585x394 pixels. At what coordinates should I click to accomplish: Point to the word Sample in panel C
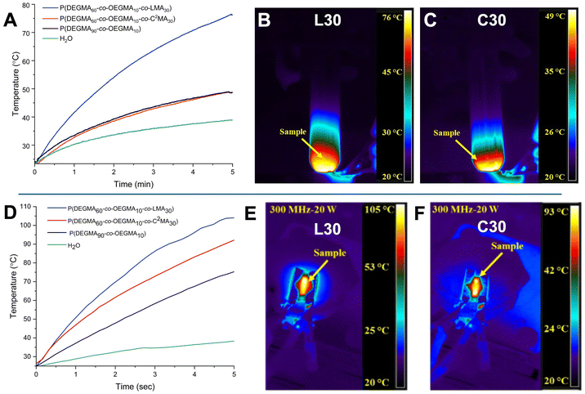point(447,131)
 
